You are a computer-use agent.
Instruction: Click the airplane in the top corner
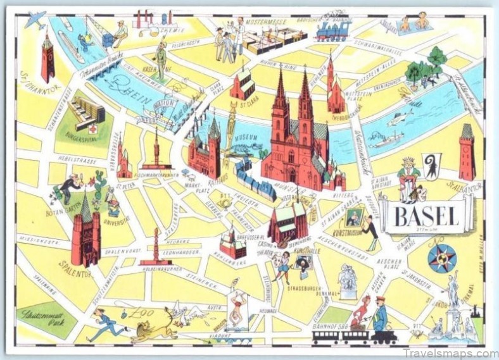35,20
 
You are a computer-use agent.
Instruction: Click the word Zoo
137,311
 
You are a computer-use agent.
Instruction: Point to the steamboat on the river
386,139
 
